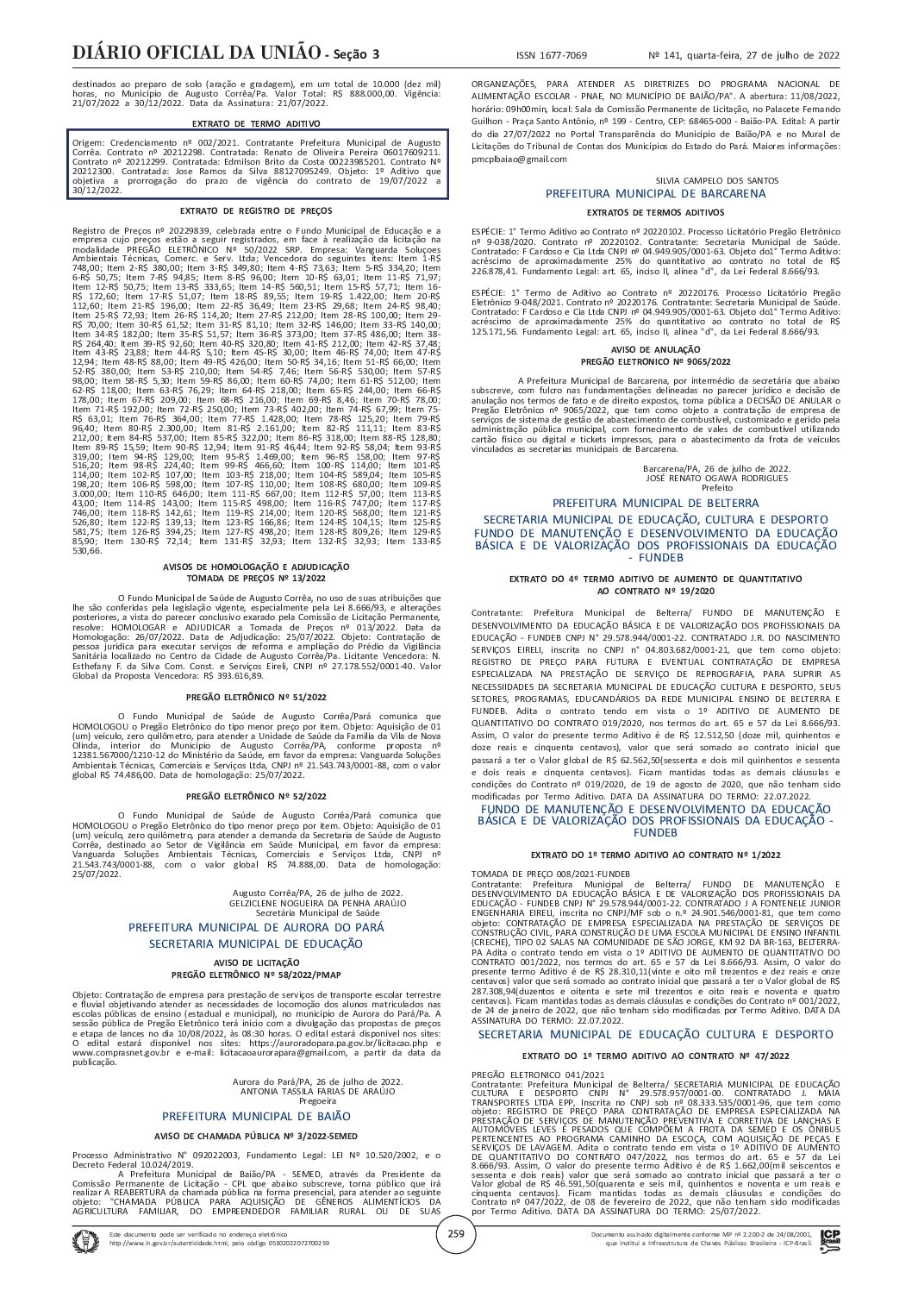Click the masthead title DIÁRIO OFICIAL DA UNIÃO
point(196,53)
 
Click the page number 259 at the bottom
point(456,1234)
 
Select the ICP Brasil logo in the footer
point(830,1237)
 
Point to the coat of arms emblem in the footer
point(87,1238)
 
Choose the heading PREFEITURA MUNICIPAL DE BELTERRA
point(655,503)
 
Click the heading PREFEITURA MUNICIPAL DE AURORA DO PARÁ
point(256,926)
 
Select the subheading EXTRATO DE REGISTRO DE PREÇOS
point(256,210)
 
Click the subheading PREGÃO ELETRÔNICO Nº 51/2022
point(256,696)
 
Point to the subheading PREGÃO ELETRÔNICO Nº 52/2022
point(256,796)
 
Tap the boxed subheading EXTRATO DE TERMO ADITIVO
point(256,124)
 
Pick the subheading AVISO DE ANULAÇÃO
point(656,349)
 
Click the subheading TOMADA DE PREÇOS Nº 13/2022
point(256,577)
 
